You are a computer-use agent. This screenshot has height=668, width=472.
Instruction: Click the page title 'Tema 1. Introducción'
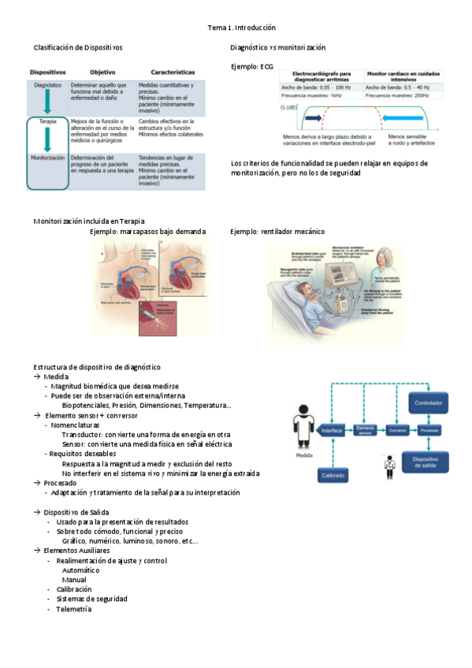pos(242,27)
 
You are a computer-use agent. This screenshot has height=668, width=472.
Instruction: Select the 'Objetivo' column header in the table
pos(102,71)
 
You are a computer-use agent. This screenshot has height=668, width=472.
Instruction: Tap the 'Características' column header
pos(167,71)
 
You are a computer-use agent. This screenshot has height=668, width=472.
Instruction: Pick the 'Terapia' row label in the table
pos(48,122)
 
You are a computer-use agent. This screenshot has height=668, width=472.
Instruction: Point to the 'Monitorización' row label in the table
pos(48,158)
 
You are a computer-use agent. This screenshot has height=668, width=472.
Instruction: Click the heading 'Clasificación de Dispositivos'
pos(77,47)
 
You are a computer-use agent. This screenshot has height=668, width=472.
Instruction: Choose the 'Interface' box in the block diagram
pos(333,431)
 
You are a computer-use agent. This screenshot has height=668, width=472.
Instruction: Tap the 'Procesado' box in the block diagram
pos(429,431)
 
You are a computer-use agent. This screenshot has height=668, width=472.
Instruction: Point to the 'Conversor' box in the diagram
pos(398,431)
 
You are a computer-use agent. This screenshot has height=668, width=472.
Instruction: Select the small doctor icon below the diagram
pos(388,466)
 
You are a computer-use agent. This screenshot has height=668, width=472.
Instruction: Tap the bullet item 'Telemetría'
pos(73,609)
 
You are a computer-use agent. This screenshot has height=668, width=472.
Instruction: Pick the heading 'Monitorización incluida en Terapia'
pos(88,221)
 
